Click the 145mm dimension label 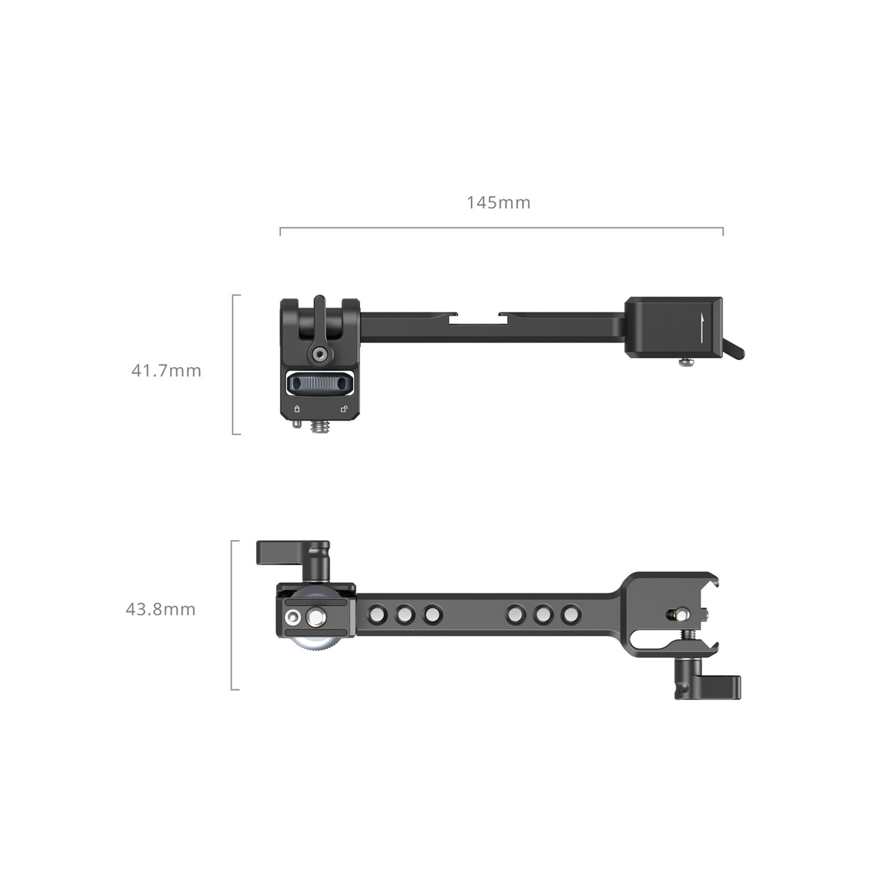(498, 202)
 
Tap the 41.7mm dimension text (166, 371)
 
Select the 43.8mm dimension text (161, 610)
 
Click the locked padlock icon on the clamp (297, 409)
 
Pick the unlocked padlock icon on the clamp (344, 409)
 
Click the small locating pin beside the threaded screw (297, 424)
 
